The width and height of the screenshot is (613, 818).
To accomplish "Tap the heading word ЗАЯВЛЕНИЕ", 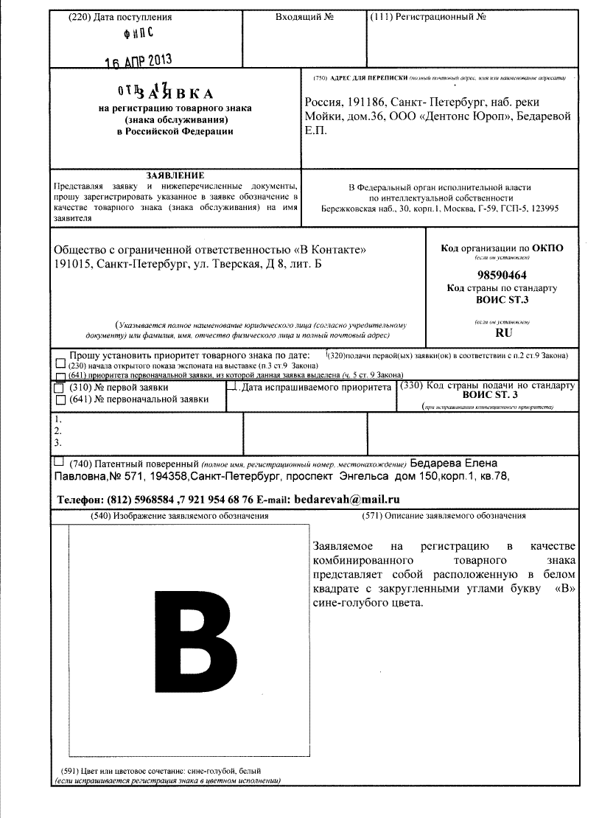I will [175, 175].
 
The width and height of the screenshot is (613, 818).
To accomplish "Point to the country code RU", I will [503, 333].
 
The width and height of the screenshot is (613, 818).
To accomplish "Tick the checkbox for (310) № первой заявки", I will [59, 387].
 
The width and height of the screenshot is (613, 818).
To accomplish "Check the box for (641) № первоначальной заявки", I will [59, 399].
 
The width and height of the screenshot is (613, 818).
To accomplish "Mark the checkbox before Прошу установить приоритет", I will [69, 355].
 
